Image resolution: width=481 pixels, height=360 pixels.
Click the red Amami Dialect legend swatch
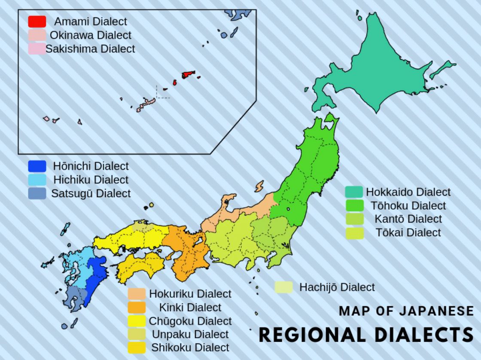point(37,21)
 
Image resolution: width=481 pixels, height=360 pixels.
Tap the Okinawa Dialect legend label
point(90,35)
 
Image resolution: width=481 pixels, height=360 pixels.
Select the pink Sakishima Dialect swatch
point(37,49)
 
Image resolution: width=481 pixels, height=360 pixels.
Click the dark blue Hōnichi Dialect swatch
point(37,166)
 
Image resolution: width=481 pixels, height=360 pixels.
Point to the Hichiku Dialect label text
point(91,180)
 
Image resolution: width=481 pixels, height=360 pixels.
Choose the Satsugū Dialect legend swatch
point(37,193)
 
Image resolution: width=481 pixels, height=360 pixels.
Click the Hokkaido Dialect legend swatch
point(353,192)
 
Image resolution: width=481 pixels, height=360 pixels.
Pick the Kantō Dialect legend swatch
point(353,219)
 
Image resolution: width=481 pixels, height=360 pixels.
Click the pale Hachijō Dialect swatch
point(283,287)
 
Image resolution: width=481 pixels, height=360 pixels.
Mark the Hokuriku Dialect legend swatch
point(136,294)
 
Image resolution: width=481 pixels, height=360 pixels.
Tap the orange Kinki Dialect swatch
point(136,308)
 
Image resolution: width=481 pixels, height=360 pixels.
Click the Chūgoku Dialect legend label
point(190,321)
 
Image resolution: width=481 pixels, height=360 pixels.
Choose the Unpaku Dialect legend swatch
point(136,334)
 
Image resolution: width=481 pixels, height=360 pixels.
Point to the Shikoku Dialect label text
point(190,348)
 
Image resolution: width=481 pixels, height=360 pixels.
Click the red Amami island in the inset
point(188,75)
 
